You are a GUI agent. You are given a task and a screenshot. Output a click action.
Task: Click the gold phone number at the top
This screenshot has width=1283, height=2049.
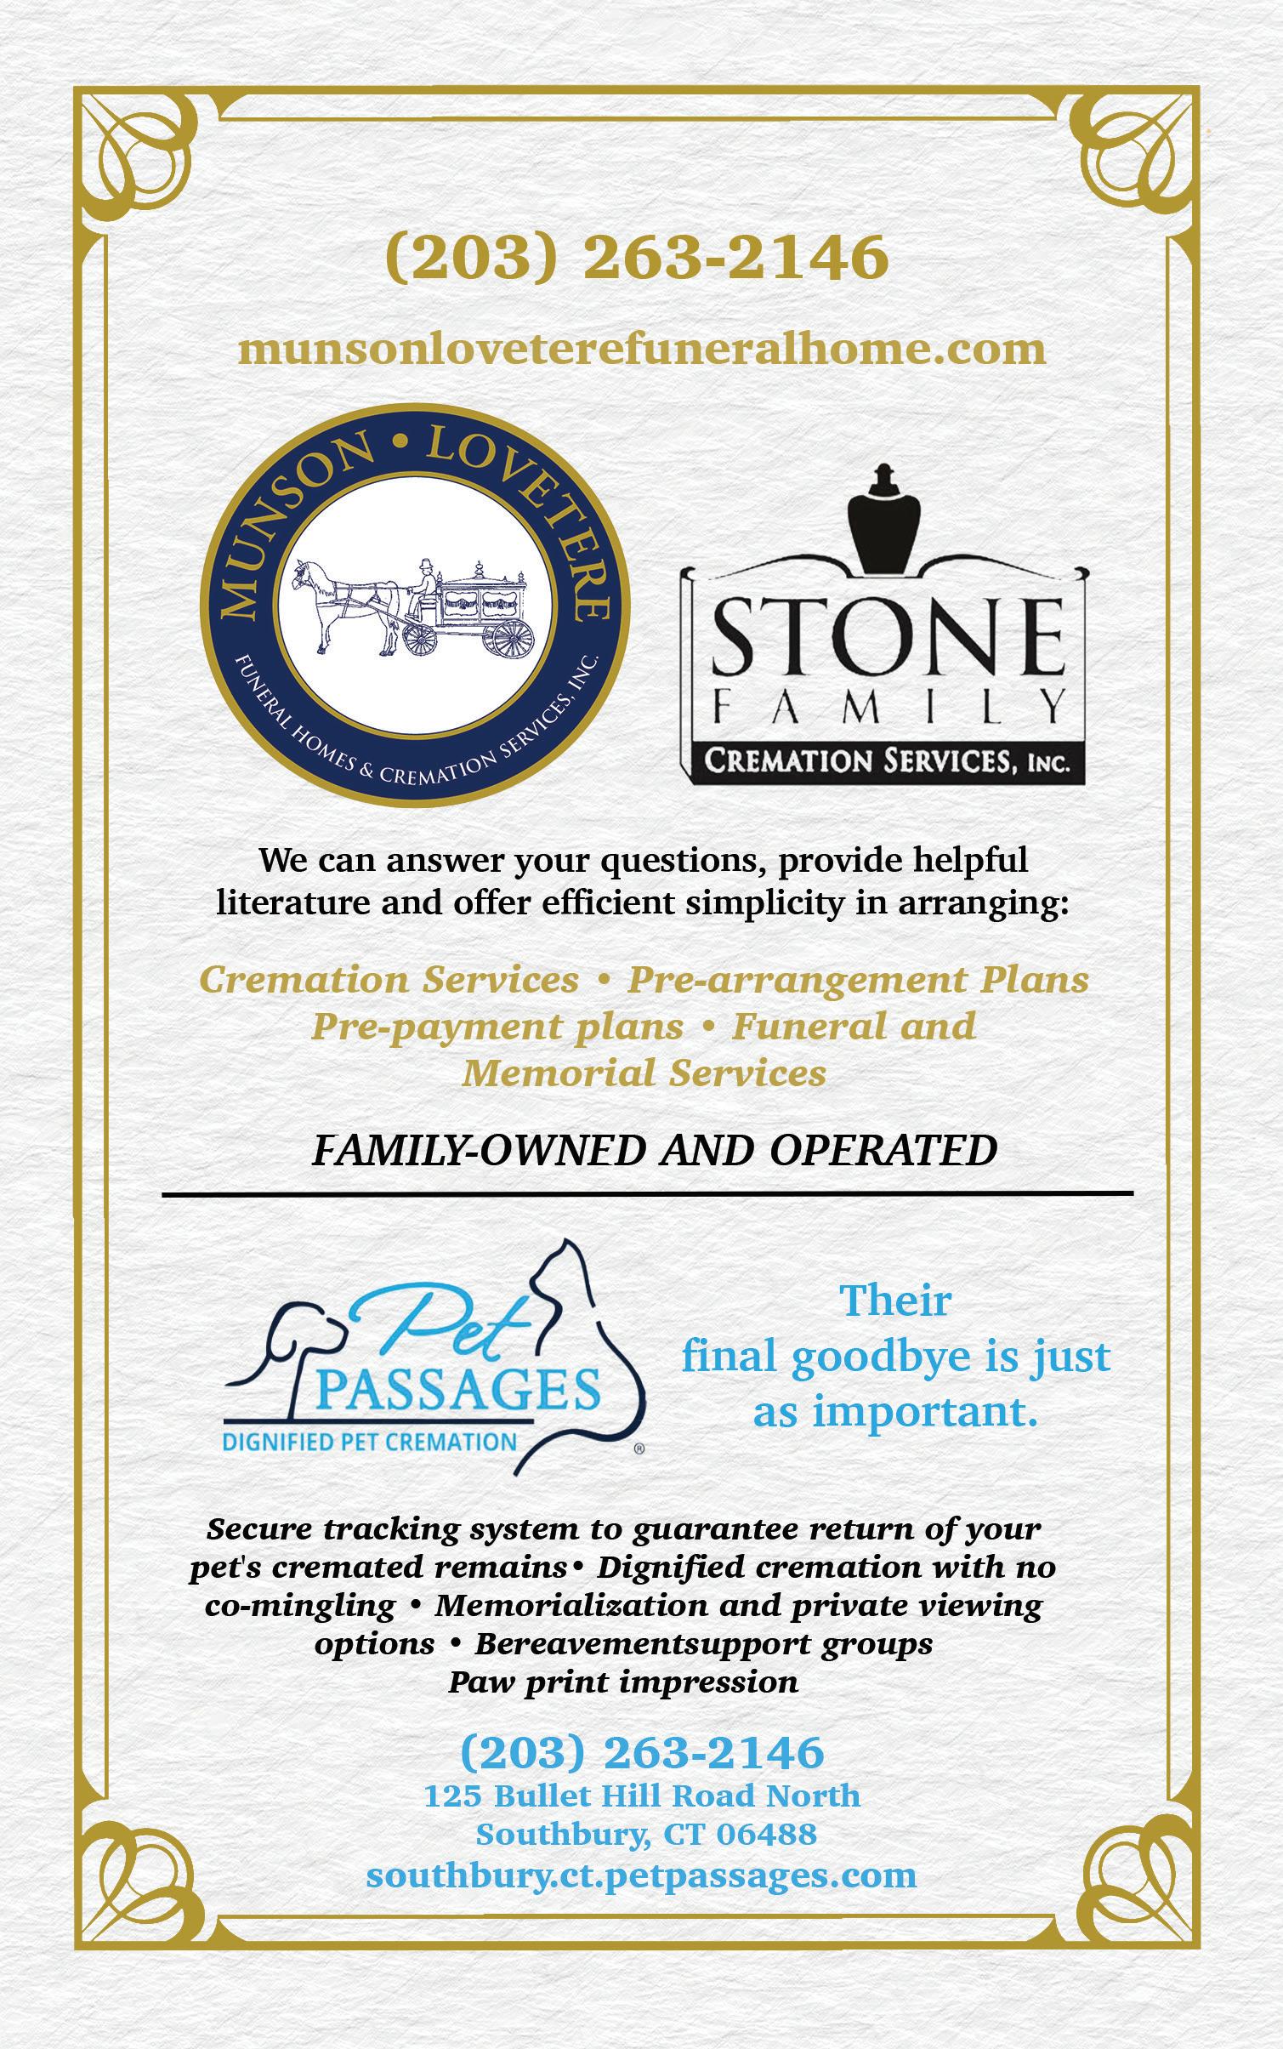click(x=638, y=258)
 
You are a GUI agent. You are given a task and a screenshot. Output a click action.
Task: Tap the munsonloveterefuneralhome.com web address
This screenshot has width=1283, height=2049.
click(x=641, y=349)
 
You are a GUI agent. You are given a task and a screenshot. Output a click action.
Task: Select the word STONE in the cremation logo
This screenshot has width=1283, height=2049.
click(x=884, y=636)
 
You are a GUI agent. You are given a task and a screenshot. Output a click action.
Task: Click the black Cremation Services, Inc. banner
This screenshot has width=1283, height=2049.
click(x=884, y=760)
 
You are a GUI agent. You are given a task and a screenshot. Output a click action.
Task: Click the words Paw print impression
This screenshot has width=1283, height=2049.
click(x=623, y=1682)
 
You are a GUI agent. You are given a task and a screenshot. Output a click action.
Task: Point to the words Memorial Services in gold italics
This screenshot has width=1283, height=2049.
click(x=644, y=1073)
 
